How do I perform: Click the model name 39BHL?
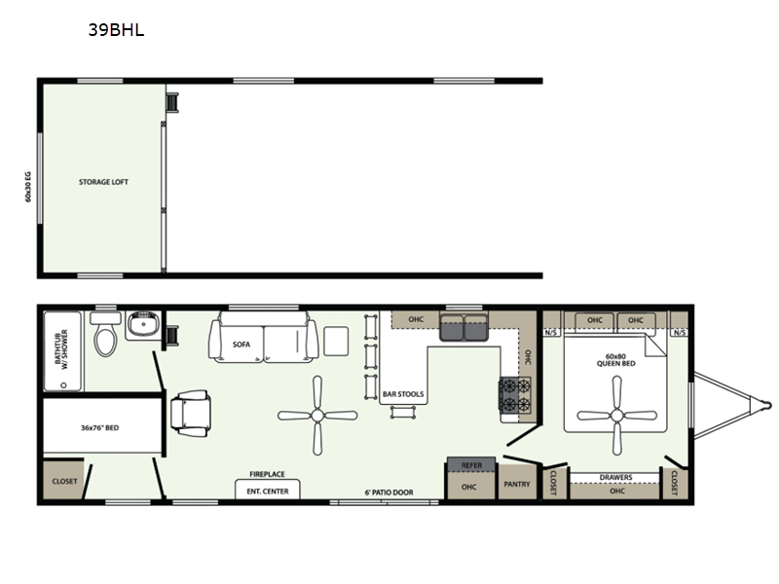tap(116, 30)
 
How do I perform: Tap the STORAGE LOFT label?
tap(103, 182)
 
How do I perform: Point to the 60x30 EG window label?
tap(28, 186)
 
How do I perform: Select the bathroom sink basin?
tap(143, 325)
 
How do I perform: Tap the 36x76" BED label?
tap(100, 427)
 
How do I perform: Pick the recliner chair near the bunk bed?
tap(190, 413)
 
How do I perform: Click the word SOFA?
tap(241, 345)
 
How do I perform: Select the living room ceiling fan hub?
tap(317, 416)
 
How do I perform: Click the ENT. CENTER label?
tap(268, 492)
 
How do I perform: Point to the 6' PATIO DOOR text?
tap(389, 493)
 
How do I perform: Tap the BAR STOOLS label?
tap(403, 394)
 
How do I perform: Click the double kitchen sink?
tap(464, 327)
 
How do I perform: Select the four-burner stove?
tap(515, 395)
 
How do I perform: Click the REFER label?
tap(471, 465)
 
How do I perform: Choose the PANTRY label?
tap(517, 484)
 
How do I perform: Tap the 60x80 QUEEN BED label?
tap(615, 360)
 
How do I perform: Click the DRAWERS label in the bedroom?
tap(615, 477)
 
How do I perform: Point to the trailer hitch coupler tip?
tap(768, 405)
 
